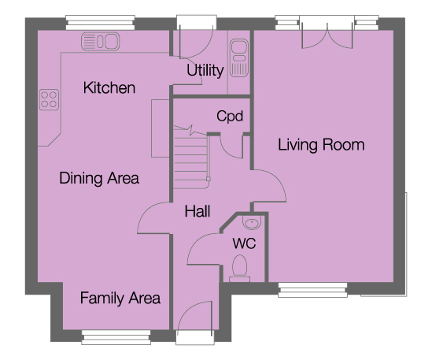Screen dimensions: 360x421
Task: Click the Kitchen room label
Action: pos(110,87)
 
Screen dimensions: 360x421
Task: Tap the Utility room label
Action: pos(205,71)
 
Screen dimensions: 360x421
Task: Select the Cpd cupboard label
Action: pos(230,117)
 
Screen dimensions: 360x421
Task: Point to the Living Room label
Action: pos(320,145)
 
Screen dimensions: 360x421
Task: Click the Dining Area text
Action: pos(99,178)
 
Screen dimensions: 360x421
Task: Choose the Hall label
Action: pos(197,211)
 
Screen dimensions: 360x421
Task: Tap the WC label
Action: pos(242,243)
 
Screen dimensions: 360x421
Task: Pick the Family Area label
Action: pos(120,299)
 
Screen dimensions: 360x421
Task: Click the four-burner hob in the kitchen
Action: pos(49,100)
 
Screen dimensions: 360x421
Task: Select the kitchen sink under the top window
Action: pos(100,40)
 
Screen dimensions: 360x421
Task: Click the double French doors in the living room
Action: pos(323,32)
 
